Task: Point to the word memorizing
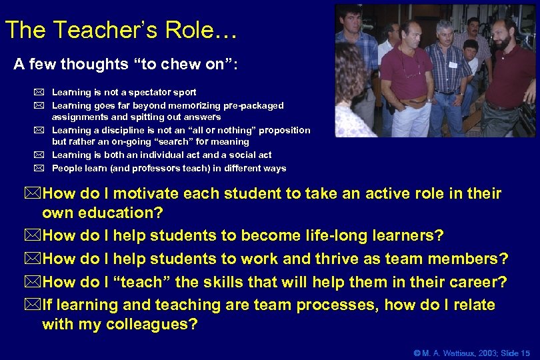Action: (191, 105)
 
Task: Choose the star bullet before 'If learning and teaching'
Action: (33, 305)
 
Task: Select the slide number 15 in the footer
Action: (525, 353)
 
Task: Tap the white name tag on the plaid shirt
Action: (453, 64)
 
